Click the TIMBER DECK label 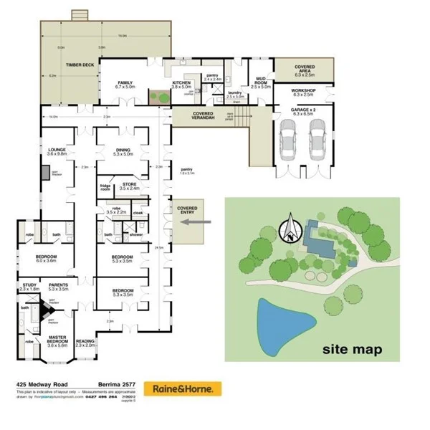point(80,64)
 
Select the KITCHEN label point(181,83)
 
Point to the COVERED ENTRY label point(187,210)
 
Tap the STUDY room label point(29,287)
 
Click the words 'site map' point(352,350)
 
